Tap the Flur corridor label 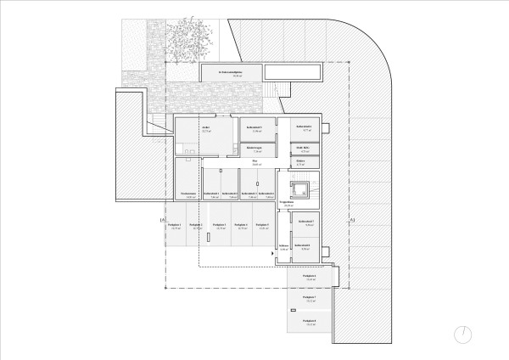tap(255, 161)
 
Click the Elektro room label tap(300, 161)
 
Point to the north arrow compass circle tap(461, 332)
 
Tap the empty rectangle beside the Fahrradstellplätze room tap(293, 71)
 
